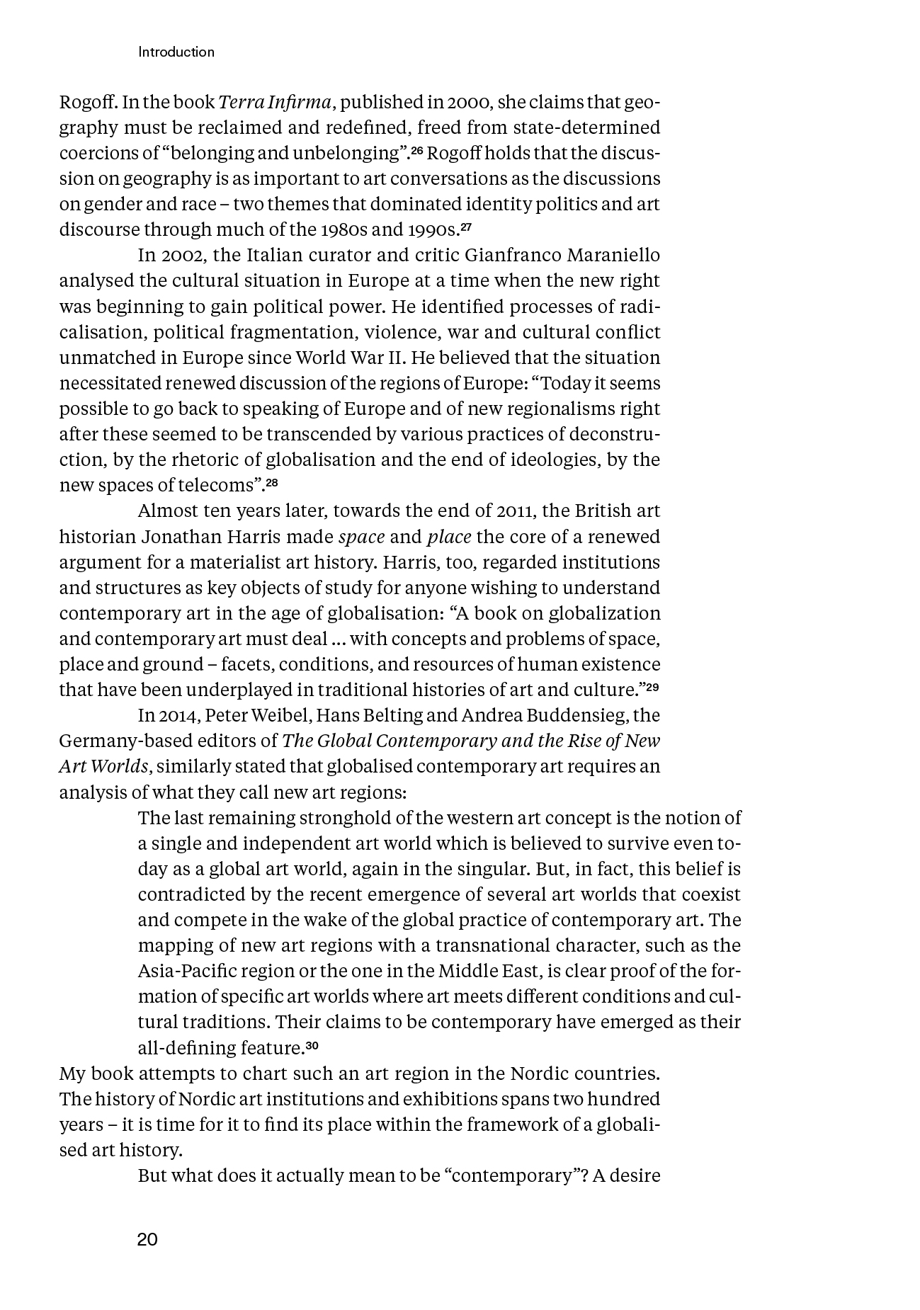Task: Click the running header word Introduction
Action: pyautogui.click(x=176, y=52)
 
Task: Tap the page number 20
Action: pyautogui.click(x=147, y=1239)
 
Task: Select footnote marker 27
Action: pyautogui.click(x=466, y=227)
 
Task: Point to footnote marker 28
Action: pyautogui.click(x=272, y=482)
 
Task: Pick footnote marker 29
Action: pyautogui.click(x=652, y=686)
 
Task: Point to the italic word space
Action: pyautogui.click(x=361, y=537)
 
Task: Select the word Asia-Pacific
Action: pyautogui.click(x=181, y=971)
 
